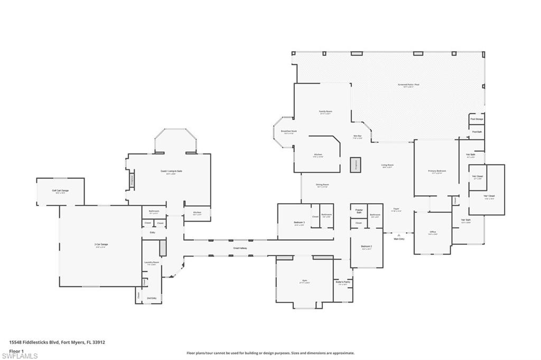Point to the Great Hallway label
[240, 248]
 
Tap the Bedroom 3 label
[300, 222]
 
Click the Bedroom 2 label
[367, 247]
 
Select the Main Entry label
[399, 239]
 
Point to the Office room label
[433, 232]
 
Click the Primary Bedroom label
[437, 171]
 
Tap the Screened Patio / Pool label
[408, 84]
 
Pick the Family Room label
[325, 111]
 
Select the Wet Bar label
[358, 136]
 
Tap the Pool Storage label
[477, 119]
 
